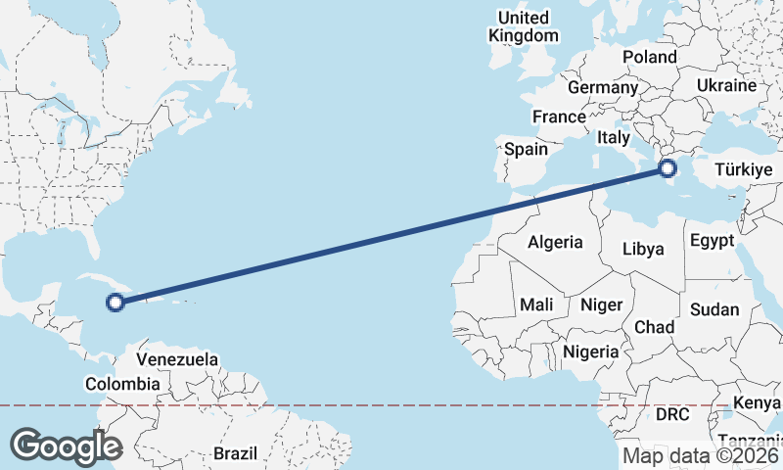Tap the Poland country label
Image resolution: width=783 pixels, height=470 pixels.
pos(649,57)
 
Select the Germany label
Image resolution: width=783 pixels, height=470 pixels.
pos(602,87)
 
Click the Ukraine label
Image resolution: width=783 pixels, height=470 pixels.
pos(726,85)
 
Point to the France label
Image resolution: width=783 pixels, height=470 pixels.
pos(559,117)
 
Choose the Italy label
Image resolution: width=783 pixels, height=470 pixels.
pos(613,138)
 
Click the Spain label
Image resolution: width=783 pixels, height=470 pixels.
pos(526,150)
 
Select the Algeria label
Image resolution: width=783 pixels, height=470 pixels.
pos(555,242)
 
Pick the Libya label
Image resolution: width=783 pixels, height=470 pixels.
pos(643,249)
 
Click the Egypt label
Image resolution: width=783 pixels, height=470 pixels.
pos(712,241)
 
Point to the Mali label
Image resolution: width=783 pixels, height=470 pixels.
pos(537,305)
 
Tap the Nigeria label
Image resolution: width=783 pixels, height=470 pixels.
pos(591,351)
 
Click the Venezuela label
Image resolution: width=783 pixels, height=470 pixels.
pos(177,359)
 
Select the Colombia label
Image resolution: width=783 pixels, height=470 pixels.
pos(122,384)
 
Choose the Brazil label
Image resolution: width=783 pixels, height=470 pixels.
pos(235,454)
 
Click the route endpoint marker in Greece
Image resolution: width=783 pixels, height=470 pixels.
pos(668,168)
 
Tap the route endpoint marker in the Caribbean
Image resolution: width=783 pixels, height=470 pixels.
pos(115,303)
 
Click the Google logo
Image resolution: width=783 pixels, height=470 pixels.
pos(66,446)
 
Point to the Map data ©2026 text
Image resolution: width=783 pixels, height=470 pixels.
pos(701,455)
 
